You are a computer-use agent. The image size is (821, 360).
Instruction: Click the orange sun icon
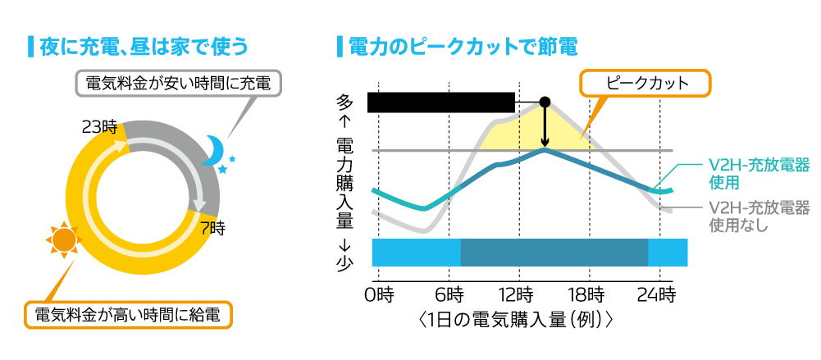[x=63, y=239]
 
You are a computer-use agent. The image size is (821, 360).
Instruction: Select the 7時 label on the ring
[x=212, y=228]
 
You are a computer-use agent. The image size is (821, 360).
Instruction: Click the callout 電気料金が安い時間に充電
[x=178, y=83]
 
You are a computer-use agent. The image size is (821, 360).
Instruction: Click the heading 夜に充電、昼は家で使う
[x=143, y=46]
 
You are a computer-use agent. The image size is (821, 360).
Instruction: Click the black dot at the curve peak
[x=545, y=102]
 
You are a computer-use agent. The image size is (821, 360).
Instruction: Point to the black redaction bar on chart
[x=440, y=102]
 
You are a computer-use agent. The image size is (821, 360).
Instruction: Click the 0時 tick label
[x=378, y=293]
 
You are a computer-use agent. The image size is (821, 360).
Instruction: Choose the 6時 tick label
[x=449, y=293]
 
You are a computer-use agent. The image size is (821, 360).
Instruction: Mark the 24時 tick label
[x=659, y=293]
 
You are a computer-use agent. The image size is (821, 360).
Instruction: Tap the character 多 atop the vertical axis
[x=345, y=102]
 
